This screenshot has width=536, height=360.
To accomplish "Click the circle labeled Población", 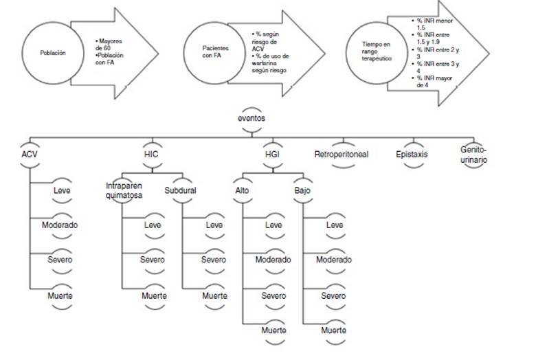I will [x=53, y=52].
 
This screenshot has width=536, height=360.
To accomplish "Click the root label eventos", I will [x=252, y=117].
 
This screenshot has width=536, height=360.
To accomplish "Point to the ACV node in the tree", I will [x=30, y=154].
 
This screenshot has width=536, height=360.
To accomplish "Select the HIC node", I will [x=153, y=154].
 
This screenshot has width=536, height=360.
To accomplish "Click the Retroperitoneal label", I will [x=342, y=154].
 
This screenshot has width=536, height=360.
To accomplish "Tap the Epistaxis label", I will [x=412, y=154].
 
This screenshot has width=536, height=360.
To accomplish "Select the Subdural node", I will [x=180, y=190].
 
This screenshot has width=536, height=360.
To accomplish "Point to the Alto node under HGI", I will [x=243, y=190].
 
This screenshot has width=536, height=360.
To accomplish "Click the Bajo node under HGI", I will [x=303, y=190].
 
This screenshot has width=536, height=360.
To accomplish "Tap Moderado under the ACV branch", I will [x=60, y=225].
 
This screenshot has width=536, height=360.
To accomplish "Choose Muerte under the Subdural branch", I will [x=214, y=295].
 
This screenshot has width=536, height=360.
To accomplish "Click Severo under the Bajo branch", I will [x=334, y=295].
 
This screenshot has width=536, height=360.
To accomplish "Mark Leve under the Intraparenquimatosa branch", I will [x=152, y=225].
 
